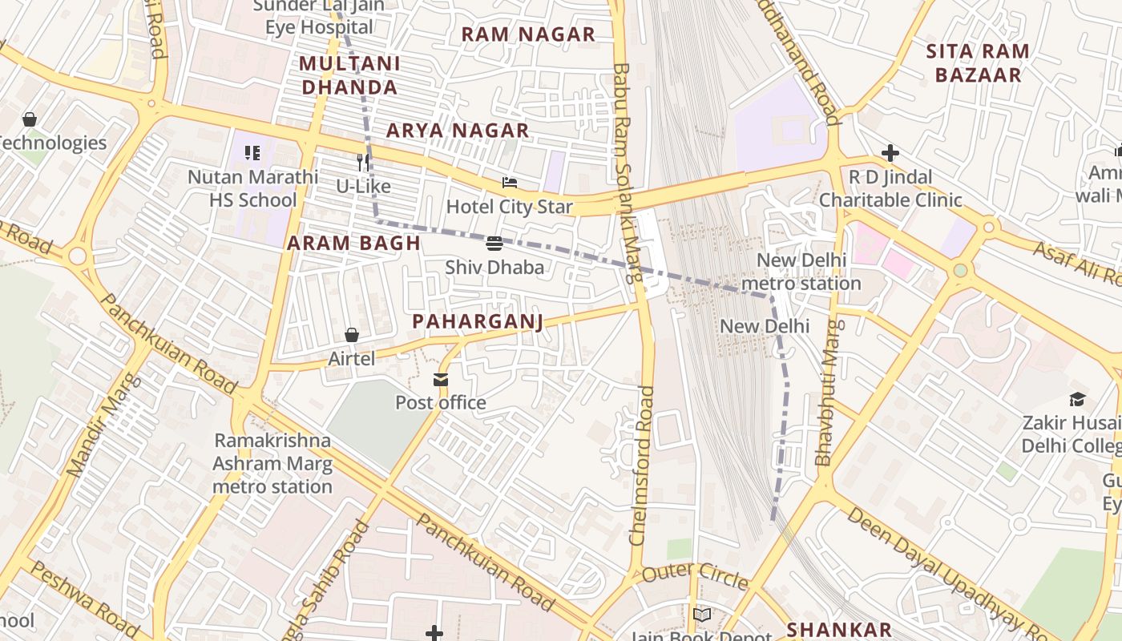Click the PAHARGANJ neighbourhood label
[478, 322]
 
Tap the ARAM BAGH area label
[353, 244]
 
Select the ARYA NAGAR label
[458, 131]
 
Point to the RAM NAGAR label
[528, 34]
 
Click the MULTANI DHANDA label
[349, 75]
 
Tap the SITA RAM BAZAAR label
[977, 63]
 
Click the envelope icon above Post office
[441, 380]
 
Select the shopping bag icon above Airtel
[351, 335]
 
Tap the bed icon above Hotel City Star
[509, 183]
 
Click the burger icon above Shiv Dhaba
[494, 244]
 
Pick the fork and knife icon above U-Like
[363, 163]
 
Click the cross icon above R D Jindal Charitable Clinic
[890, 153]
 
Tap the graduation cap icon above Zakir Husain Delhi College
[1078, 399]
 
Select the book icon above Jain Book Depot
[702, 615]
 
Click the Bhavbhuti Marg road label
[828, 392]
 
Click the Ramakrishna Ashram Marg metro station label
[272, 463]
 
